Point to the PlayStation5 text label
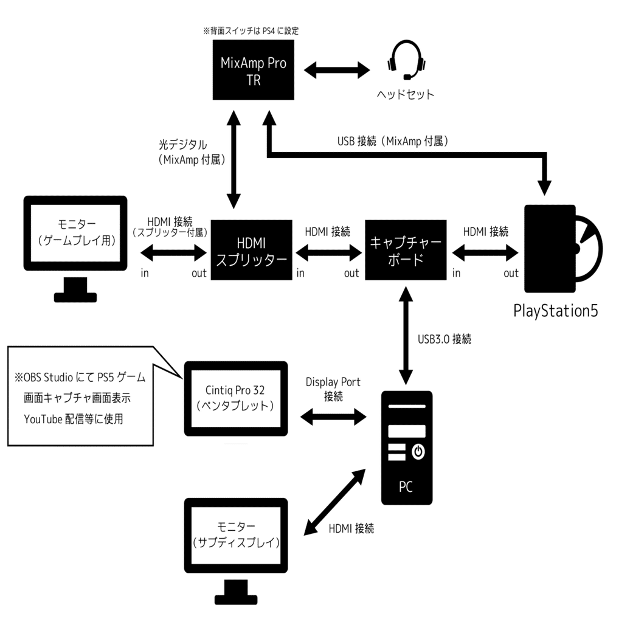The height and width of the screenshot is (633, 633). [556, 311]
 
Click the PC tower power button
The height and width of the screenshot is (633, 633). [418, 452]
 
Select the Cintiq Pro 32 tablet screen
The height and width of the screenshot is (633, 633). [236, 398]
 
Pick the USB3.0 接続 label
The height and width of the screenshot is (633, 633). [444, 339]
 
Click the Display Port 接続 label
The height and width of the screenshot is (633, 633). [333, 389]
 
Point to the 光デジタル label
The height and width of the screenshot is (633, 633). [182, 145]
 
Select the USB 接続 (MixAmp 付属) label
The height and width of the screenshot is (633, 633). [393, 141]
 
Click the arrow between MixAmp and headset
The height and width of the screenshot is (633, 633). [337, 69]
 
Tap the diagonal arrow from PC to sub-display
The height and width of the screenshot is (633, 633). [335, 501]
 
